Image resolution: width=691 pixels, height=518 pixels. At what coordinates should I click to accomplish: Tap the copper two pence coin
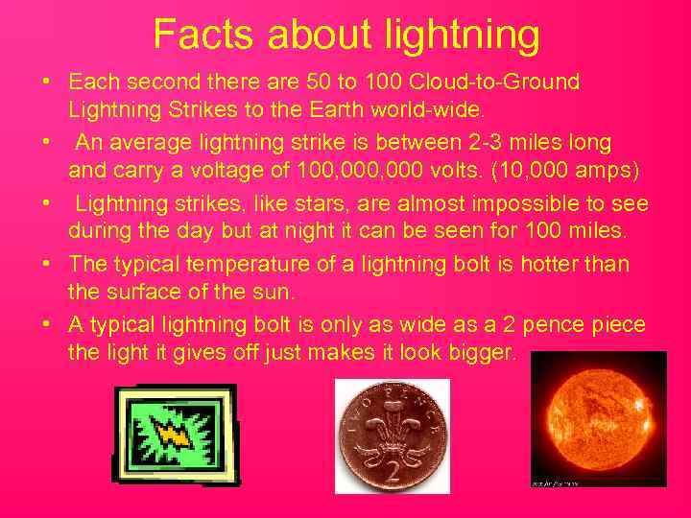click(392, 436)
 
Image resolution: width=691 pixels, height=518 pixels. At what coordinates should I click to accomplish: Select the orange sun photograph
click(598, 418)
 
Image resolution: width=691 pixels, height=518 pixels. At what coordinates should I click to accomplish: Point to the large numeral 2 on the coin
click(393, 472)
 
